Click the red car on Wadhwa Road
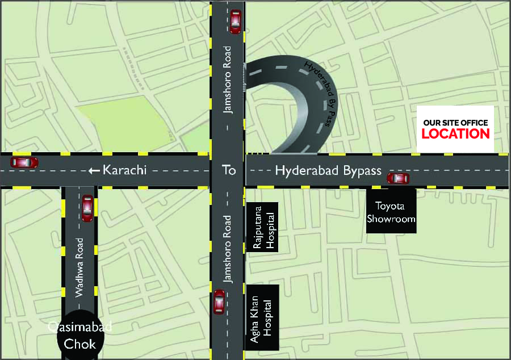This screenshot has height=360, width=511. click(x=87, y=208)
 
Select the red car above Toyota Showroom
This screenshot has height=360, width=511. click(x=397, y=178)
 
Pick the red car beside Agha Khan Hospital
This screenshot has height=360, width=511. click(x=219, y=302)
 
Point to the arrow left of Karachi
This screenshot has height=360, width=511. click(x=94, y=170)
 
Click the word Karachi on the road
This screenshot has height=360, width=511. click(x=124, y=170)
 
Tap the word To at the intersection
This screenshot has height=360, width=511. click(x=228, y=170)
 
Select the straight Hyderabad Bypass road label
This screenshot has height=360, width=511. click(x=328, y=170)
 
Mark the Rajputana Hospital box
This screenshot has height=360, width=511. click(x=262, y=231)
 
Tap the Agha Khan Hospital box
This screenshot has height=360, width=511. click(x=262, y=320)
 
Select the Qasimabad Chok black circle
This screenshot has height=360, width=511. click(x=80, y=335)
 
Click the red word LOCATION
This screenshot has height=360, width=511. click(x=455, y=134)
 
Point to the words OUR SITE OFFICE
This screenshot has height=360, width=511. click(x=455, y=123)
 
